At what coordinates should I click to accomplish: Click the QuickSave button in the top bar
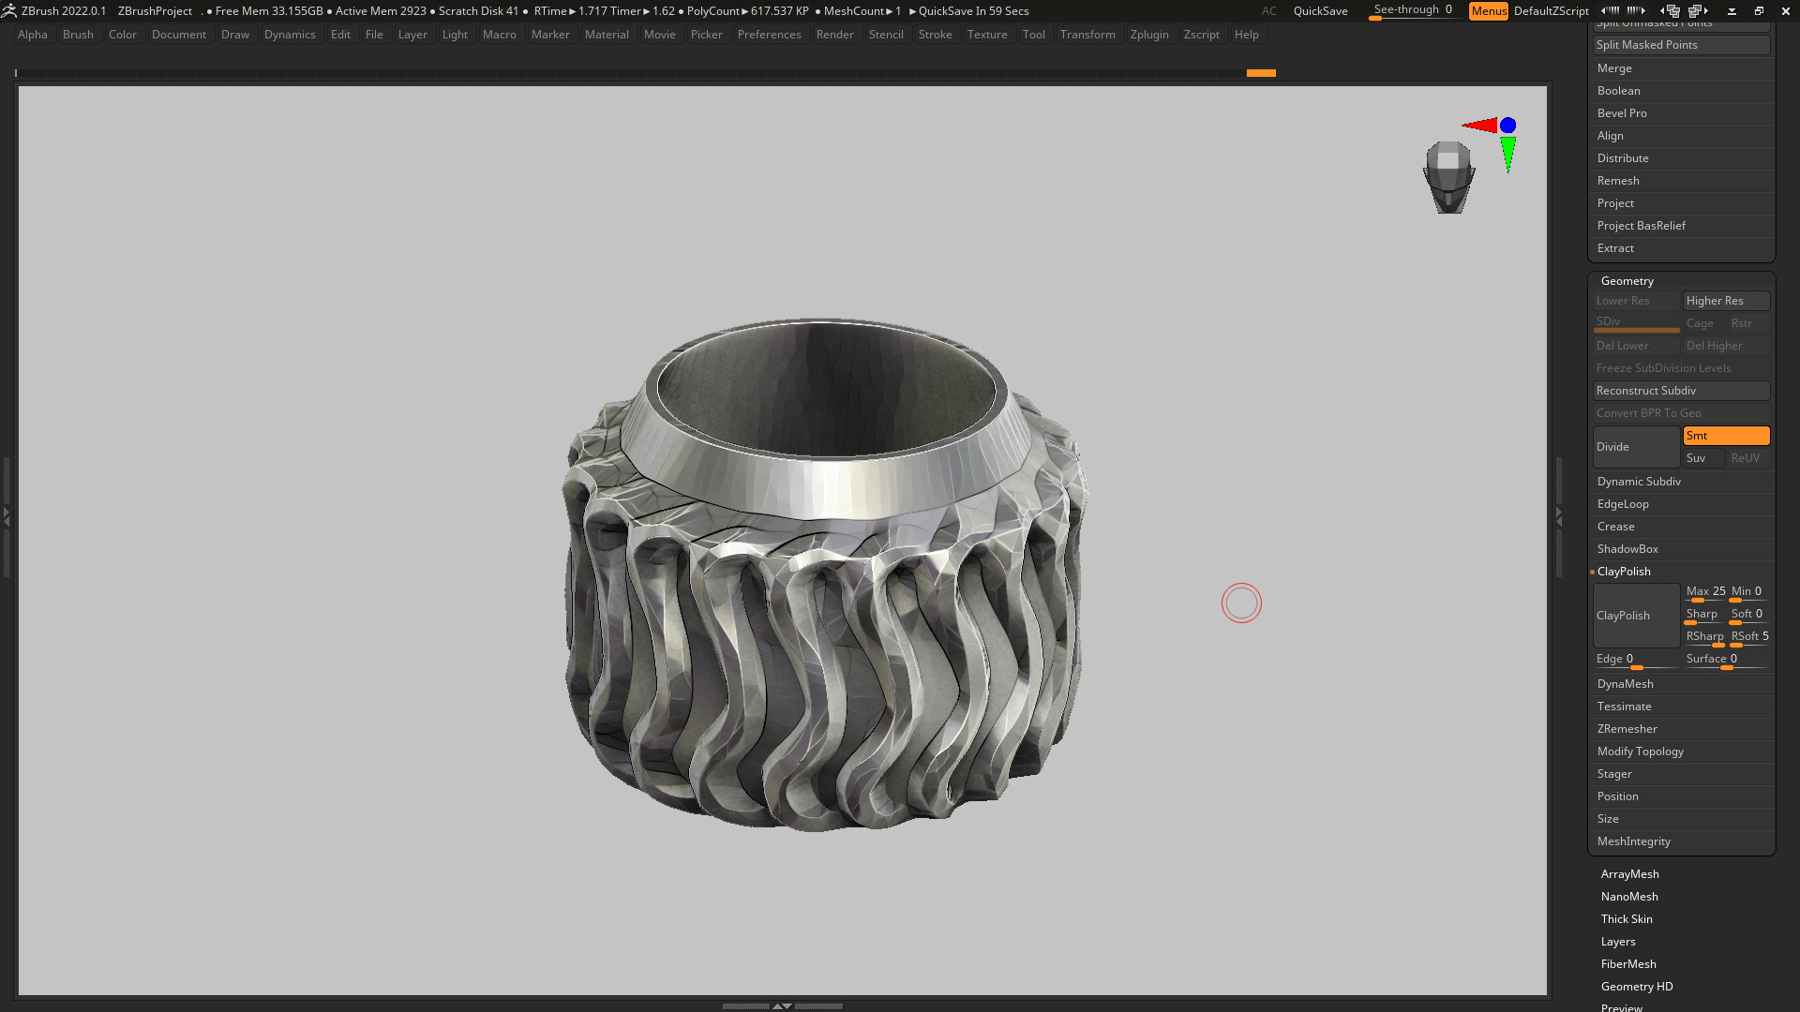point(1320,11)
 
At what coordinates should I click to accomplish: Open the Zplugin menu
point(1149,35)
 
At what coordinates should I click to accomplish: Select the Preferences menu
point(769,35)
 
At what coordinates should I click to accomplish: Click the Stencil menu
point(886,35)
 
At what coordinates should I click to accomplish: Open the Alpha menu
point(33,35)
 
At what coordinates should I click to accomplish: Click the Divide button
point(1636,447)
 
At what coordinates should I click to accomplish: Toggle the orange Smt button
point(1726,436)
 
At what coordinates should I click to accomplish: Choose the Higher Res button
point(1726,301)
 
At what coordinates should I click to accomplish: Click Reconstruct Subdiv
point(1681,391)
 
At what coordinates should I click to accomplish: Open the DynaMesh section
point(1626,684)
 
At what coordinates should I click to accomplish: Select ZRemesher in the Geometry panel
point(1627,729)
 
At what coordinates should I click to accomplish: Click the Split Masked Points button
point(1681,45)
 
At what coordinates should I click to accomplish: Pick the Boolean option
point(1619,91)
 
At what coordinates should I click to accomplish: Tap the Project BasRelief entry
point(1642,226)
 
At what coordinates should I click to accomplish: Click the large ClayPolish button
point(1636,616)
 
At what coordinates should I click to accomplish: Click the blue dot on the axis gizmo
point(1507,126)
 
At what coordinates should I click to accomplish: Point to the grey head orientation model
point(1449,177)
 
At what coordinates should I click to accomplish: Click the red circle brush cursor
point(1241,603)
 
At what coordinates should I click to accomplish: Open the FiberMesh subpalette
point(1628,964)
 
